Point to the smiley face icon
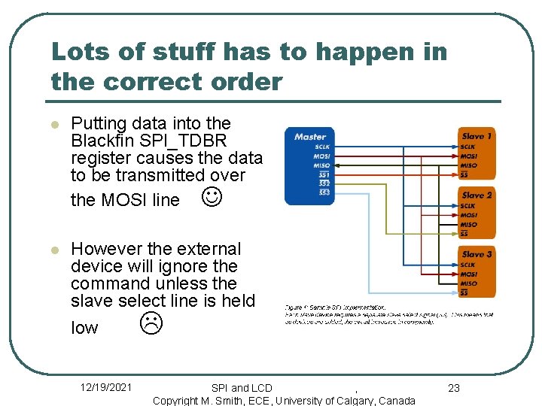212,198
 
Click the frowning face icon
151,324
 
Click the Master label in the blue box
310,136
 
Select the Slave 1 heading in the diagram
477,136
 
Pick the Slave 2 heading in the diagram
477,195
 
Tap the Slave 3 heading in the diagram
477,254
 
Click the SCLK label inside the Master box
321,147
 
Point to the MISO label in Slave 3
468,283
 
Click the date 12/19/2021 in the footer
106,387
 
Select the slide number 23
454,388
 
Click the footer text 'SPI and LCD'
242,388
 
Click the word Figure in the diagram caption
294,308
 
